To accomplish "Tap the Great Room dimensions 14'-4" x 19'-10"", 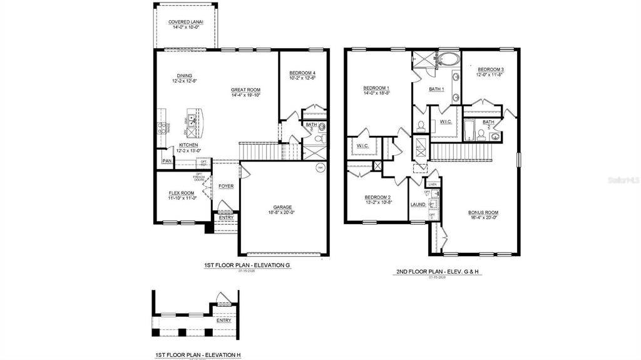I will click(x=246, y=96).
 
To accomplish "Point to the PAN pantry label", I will click(x=167, y=161).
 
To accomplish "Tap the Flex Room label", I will click(x=182, y=193).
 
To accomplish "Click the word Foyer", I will click(x=226, y=186).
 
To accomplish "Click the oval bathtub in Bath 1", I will click(x=448, y=61).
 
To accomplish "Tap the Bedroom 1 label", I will click(x=376, y=88).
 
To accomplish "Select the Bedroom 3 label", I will click(x=491, y=69).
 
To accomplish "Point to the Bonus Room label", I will click(x=483, y=212).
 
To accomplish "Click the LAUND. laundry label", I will click(x=418, y=205).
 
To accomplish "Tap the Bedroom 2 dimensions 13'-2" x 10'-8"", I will click(x=379, y=202).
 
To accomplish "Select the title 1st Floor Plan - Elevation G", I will click(x=239, y=265).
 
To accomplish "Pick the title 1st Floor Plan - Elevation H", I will click(x=198, y=354).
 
